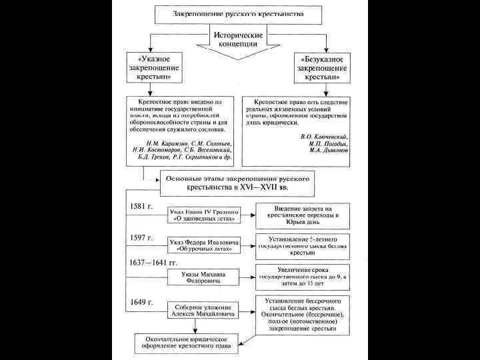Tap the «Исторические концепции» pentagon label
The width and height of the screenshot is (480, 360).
(238, 39)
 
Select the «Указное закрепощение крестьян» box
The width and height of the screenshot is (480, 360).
(154, 69)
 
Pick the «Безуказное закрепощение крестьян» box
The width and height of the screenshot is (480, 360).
(323, 69)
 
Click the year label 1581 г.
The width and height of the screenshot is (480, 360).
(140, 206)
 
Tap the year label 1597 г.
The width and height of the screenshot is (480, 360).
(140, 238)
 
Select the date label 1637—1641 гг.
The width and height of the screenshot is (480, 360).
(153, 263)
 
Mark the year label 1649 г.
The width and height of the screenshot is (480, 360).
(140, 302)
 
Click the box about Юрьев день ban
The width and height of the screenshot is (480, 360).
(303, 215)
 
